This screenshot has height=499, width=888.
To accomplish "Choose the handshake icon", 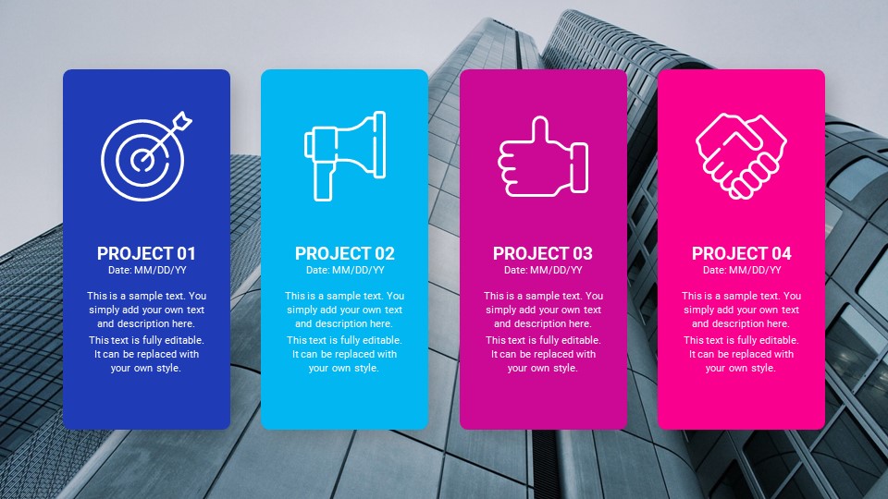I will pyautogui.click(x=741, y=155).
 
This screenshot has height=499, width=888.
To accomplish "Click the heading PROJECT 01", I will pyautogui.click(x=146, y=253).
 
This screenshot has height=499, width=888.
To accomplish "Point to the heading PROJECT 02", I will pyautogui.click(x=344, y=253).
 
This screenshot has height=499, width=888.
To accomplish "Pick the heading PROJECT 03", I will pyautogui.click(x=543, y=253).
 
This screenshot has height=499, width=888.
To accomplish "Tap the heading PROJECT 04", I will pyautogui.click(x=741, y=253).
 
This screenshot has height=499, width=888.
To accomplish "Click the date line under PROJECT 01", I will pyautogui.click(x=146, y=270).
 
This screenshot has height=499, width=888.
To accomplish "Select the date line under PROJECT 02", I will pyautogui.click(x=344, y=270).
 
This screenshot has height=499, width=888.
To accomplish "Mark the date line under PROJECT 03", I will pyautogui.click(x=543, y=270).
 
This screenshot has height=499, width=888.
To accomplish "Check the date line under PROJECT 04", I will pyautogui.click(x=741, y=270).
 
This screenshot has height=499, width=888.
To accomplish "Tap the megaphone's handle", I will pyautogui.click(x=322, y=181).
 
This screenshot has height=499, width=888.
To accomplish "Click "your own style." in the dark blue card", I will pyautogui.click(x=146, y=368).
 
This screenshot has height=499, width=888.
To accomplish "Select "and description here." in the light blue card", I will pyautogui.click(x=344, y=324).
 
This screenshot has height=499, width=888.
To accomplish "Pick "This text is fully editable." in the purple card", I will pyautogui.click(x=543, y=340).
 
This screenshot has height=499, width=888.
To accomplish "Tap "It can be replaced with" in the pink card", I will pyautogui.click(x=741, y=354).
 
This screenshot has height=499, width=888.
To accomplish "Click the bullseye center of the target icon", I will pyautogui.click(x=141, y=160).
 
